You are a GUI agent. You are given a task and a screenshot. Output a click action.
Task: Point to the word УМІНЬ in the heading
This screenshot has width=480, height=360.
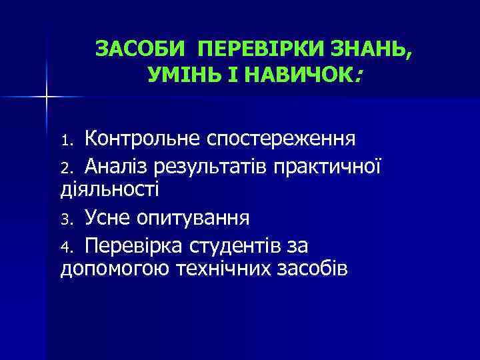point(175,75)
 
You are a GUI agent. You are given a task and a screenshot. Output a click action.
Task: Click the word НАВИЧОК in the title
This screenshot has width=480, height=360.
point(303,75)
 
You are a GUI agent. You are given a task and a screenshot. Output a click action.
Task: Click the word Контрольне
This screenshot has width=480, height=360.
point(141,139)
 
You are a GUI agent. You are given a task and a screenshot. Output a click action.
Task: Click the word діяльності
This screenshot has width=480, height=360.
point(109,189)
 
